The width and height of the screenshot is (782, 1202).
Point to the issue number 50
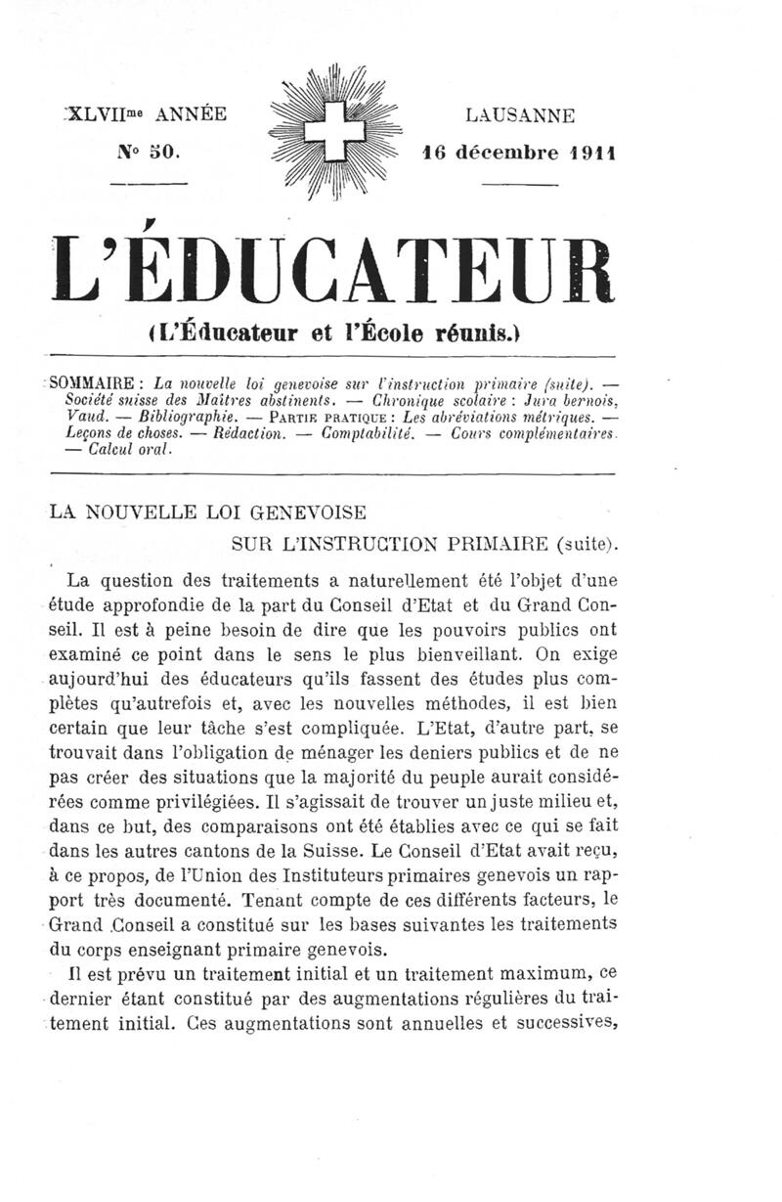157,153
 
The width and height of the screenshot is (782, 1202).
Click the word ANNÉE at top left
192,115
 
